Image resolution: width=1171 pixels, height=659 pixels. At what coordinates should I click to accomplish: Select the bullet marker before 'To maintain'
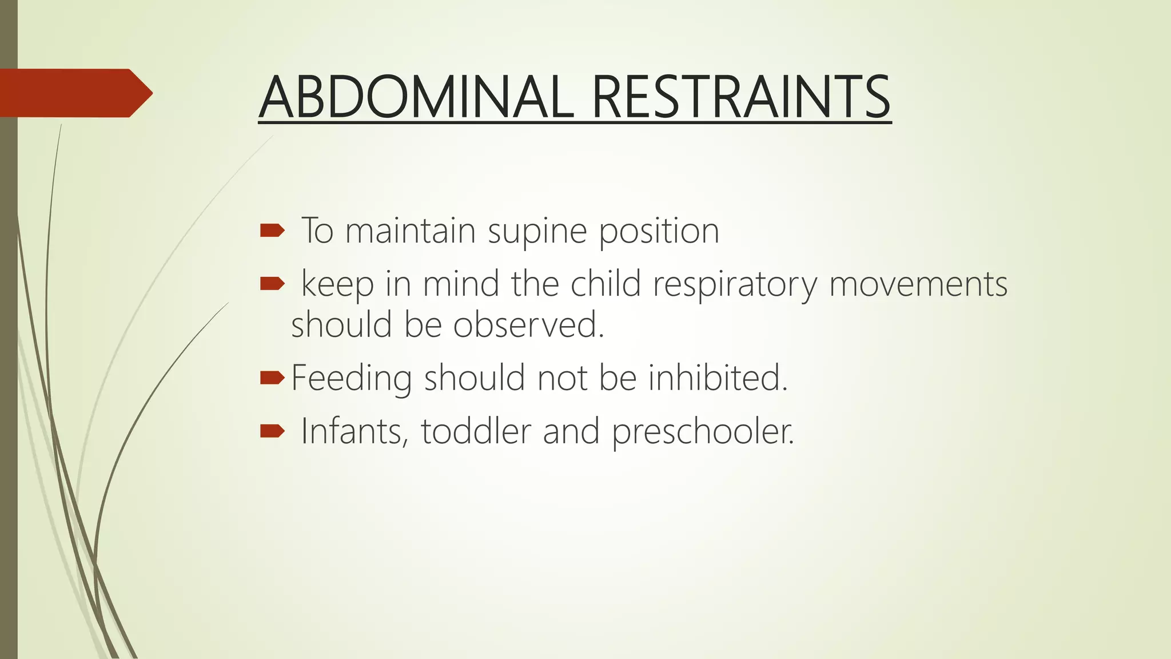coord(272,231)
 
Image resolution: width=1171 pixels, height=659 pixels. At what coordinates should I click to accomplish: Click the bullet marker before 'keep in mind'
coord(272,283)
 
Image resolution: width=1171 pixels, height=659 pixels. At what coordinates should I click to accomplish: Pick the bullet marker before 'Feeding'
coord(272,378)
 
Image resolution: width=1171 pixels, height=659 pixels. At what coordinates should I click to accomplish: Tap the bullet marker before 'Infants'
coord(272,431)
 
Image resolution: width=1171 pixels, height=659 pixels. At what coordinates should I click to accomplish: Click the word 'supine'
coord(537,232)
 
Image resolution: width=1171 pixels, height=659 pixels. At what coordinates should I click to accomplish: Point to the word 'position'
coord(659,232)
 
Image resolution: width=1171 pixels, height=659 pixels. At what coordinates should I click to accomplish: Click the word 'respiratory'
coord(735,284)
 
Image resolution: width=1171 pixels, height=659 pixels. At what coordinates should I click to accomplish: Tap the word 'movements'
coord(918,284)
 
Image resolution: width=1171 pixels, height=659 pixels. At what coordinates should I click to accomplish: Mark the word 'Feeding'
coord(351,379)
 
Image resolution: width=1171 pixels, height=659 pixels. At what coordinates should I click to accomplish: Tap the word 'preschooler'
coord(703,432)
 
